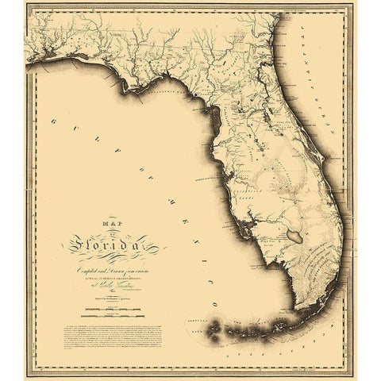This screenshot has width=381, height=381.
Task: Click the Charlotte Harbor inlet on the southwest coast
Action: [x=252, y=230]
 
